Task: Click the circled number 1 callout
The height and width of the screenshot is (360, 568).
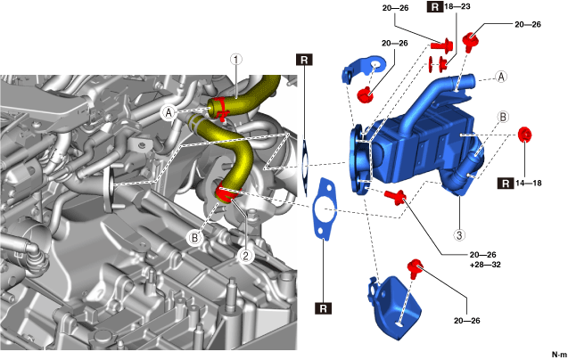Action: pyautogui.click(x=235, y=61)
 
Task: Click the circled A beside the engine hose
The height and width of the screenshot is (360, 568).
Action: pyautogui.click(x=169, y=113)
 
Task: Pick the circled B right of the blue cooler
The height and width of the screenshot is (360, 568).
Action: pyautogui.click(x=504, y=117)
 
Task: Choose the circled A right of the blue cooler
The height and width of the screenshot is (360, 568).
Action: pyautogui.click(x=501, y=77)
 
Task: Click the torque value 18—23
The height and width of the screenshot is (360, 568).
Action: pyautogui.click(x=457, y=7)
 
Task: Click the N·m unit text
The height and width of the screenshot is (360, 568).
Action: pyautogui.click(x=558, y=355)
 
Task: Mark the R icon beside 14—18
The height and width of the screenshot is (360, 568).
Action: pyautogui.click(x=506, y=184)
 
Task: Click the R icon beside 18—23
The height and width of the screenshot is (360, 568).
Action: pyautogui.click(x=434, y=7)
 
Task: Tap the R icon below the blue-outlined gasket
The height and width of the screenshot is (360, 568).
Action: pyautogui.click(x=323, y=309)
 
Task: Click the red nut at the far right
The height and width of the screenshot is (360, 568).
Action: pyautogui.click(x=525, y=135)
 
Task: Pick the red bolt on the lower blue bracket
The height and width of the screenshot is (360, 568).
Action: pyautogui.click(x=415, y=266)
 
